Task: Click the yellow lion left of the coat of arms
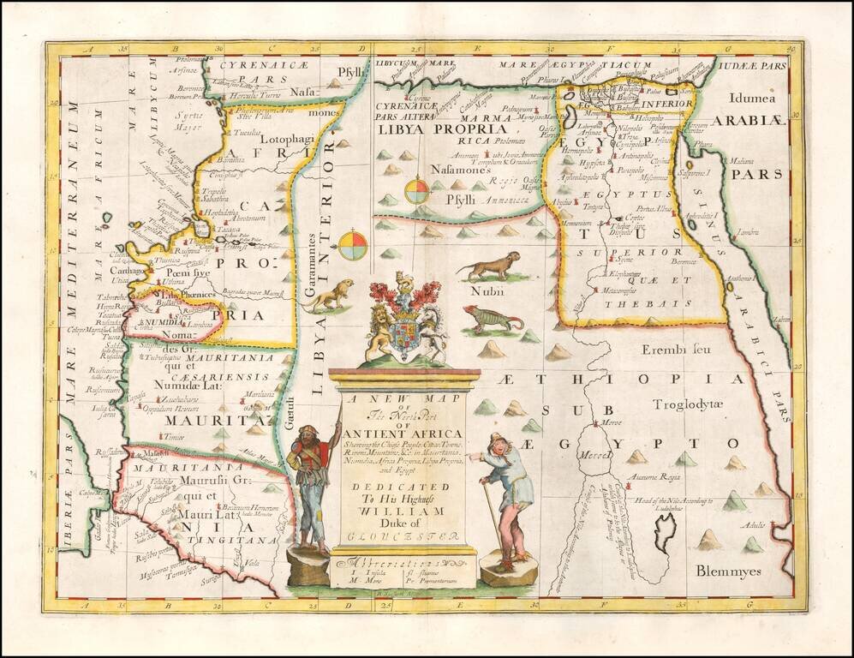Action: [330, 294]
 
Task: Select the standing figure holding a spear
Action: [312, 484]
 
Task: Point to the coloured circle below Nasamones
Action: [417, 190]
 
